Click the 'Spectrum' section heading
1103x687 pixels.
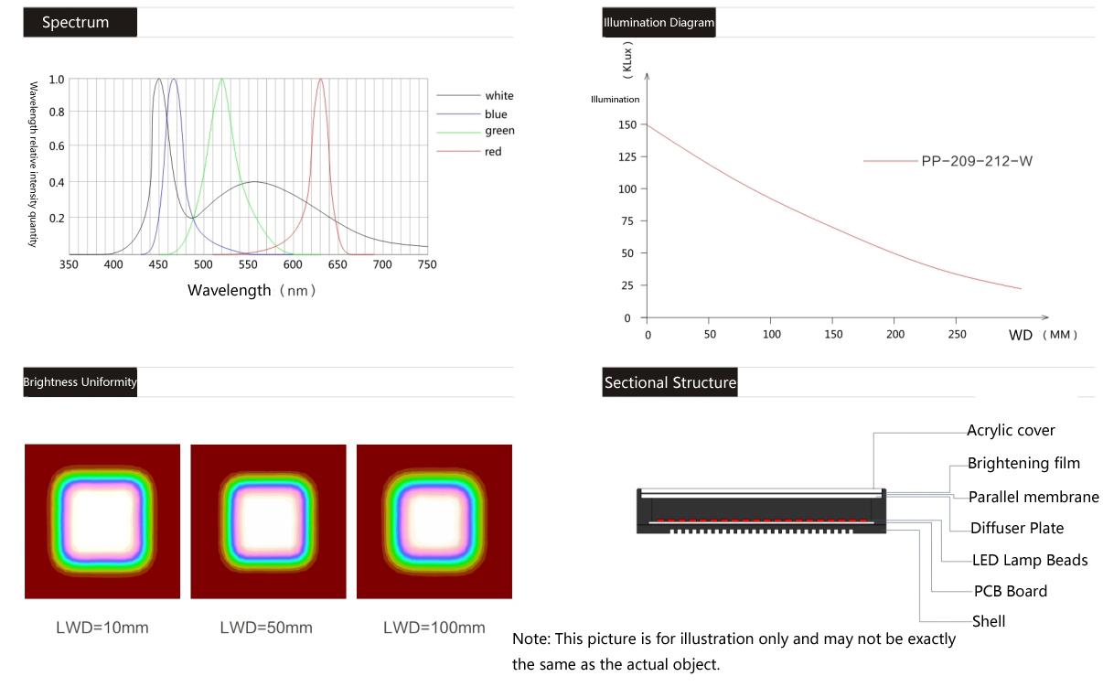click(x=76, y=22)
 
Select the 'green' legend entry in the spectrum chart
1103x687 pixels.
click(x=499, y=132)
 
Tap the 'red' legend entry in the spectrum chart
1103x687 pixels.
click(x=493, y=152)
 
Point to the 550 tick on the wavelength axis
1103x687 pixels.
click(x=248, y=264)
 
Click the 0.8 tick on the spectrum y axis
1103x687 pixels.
click(x=57, y=113)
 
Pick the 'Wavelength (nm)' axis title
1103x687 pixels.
click(x=252, y=291)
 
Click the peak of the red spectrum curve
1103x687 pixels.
click(x=320, y=80)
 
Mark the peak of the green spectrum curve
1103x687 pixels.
click(x=221, y=80)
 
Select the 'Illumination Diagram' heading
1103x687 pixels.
click(x=659, y=23)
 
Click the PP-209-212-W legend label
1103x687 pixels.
click(x=977, y=161)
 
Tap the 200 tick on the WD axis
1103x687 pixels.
click(x=896, y=334)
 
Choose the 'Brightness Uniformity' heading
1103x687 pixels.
click(x=80, y=382)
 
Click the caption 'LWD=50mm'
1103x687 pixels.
click(x=266, y=628)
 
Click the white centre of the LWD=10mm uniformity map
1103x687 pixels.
click(x=102, y=519)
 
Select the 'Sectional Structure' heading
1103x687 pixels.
click(x=670, y=382)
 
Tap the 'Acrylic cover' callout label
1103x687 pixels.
click(x=1011, y=430)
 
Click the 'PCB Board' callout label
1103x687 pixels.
click(x=1011, y=591)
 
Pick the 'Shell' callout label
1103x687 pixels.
click(x=989, y=622)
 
